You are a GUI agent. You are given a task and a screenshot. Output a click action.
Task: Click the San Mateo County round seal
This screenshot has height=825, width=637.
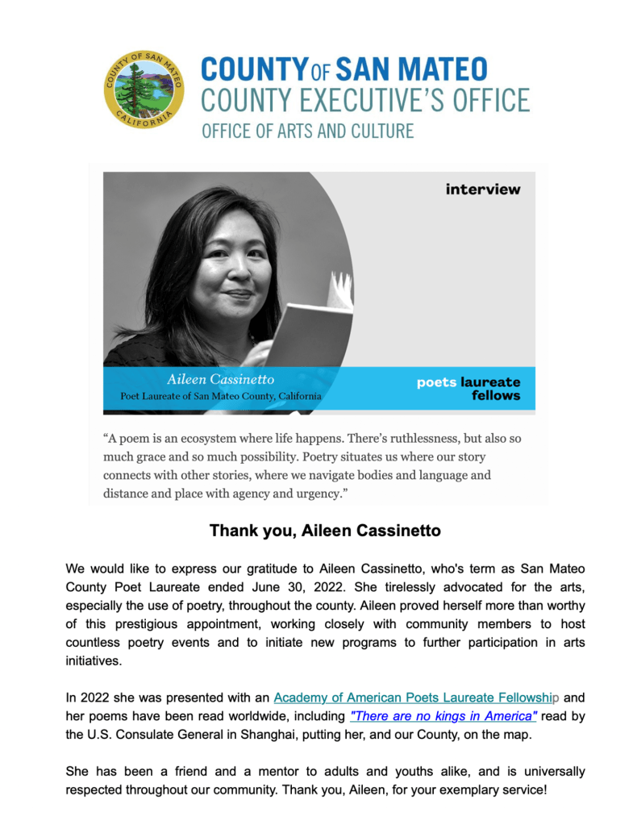144,90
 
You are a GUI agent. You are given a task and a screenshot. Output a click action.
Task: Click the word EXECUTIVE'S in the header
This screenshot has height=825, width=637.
368,101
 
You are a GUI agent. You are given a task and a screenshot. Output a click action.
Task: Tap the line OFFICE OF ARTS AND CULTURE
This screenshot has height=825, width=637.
307,131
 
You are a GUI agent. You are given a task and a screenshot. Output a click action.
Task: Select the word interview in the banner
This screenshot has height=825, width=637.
483,190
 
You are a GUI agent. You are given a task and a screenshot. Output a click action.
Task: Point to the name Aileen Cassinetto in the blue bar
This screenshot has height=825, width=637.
220,379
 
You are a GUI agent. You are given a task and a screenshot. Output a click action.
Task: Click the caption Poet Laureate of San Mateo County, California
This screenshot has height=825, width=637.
221,396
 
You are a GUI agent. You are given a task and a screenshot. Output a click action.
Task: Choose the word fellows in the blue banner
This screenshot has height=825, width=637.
496,395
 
